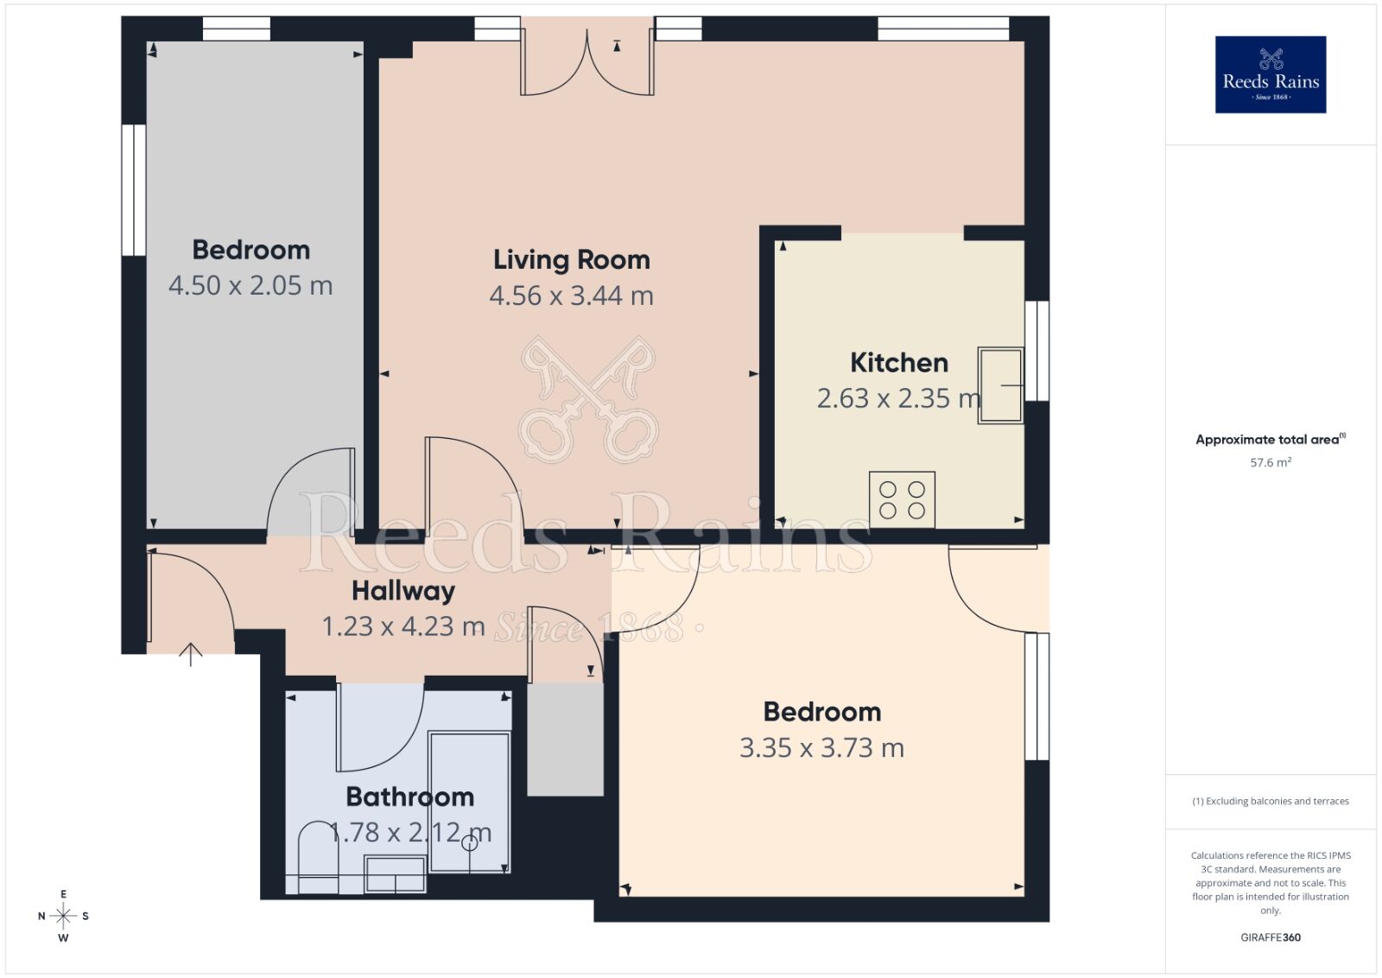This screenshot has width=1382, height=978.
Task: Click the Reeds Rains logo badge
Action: coord(1270,74)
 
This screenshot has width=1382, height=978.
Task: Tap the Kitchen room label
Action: coord(898,363)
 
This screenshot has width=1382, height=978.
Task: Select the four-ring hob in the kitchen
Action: coord(902,499)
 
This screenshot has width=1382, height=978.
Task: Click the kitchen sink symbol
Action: coord(1000,385)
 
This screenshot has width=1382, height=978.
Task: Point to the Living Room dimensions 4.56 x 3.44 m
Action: coord(571,296)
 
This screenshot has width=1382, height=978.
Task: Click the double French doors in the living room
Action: coord(586,65)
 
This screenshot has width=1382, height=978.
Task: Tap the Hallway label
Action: coord(403,591)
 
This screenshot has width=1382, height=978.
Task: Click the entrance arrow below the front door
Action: coord(190,654)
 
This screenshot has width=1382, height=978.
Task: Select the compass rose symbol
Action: coord(63,916)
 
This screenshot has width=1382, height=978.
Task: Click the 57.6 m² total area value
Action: coord(1270,463)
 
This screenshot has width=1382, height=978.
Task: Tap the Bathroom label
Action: coord(409,797)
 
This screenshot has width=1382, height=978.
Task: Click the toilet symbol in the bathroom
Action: coord(318,855)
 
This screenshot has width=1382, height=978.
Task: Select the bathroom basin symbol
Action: coord(395,873)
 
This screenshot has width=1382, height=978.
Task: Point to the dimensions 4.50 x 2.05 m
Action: coord(250,286)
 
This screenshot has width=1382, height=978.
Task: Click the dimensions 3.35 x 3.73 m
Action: coord(821,748)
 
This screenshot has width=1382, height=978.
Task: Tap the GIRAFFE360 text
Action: coord(1270,937)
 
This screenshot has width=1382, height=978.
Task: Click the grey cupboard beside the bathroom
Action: coord(565,740)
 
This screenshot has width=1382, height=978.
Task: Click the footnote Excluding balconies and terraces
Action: coord(1270,802)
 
